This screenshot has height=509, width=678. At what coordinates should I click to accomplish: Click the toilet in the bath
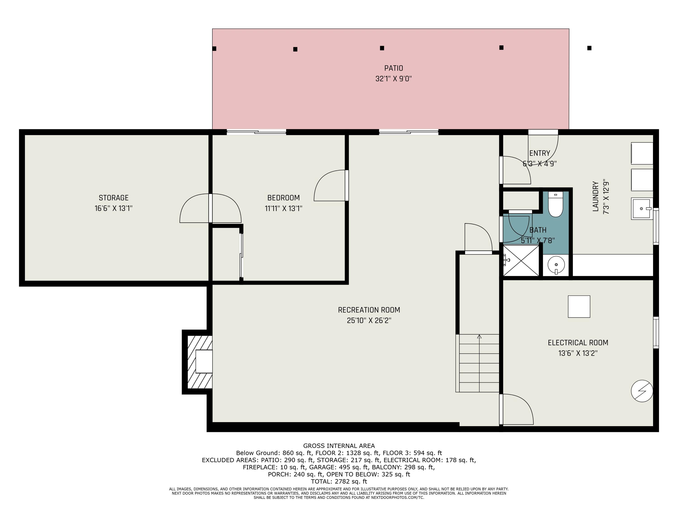[556, 204]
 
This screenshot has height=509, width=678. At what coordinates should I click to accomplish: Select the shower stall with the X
[521, 260]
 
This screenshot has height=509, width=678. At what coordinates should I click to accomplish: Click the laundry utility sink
[642, 209]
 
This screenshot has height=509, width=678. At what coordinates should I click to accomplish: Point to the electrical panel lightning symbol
[642, 391]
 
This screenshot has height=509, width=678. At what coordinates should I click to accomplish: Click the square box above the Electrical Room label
[579, 307]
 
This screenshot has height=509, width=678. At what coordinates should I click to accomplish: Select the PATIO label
[393, 68]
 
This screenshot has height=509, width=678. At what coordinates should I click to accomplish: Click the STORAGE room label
[113, 198]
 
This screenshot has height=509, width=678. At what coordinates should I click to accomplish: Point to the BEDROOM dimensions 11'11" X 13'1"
[284, 209]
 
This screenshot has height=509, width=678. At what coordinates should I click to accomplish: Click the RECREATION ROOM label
[369, 310]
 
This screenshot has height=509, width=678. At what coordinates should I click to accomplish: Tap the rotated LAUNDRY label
[596, 196]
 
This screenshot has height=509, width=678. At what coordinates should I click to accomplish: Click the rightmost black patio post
[589, 48]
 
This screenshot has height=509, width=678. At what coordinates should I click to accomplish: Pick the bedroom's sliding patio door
[256, 132]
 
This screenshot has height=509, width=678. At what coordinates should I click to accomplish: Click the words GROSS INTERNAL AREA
[339, 446]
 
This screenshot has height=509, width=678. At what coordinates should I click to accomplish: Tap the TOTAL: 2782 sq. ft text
[339, 481]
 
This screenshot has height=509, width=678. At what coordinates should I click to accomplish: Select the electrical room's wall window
[656, 332]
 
